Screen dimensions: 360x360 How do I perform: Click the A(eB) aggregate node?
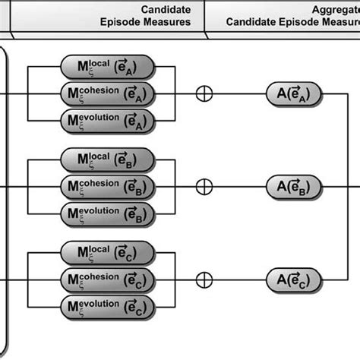click(x=293, y=186)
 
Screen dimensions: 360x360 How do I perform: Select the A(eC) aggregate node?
click(x=293, y=279)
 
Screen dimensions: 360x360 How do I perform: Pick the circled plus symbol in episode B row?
click(x=204, y=186)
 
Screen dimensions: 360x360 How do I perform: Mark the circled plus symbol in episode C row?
click(x=204, y=279)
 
